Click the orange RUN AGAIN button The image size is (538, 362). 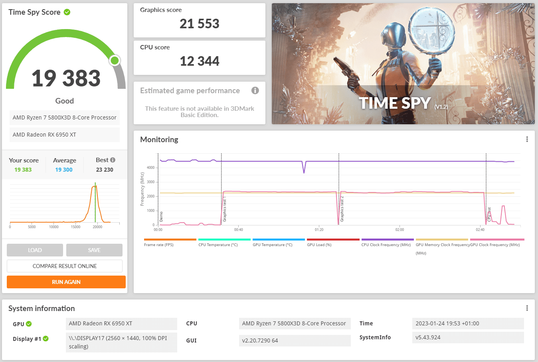click(66, 282)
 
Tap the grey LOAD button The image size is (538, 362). click(35, 250)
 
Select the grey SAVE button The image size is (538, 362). click(94, 250)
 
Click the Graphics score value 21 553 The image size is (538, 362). click(199, 24)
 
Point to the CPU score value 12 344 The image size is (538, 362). click(199, 61)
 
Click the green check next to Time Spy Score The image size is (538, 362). click(67, 12)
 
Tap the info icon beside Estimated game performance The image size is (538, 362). click(255, 90)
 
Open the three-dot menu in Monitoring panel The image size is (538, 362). click(527, 139)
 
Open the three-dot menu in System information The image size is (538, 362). click(527, 308)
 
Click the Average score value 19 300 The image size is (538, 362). click(63, 170)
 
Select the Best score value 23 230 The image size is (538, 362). click(105, 170)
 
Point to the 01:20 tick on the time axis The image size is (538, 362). click(319, 229)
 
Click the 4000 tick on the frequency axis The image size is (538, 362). click(150, 168)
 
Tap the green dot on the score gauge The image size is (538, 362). click(115, 61)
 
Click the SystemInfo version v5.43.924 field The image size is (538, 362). click(468, 337)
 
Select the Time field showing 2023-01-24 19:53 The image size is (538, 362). click(468, 323)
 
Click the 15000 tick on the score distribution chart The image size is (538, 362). click(75, 227)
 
